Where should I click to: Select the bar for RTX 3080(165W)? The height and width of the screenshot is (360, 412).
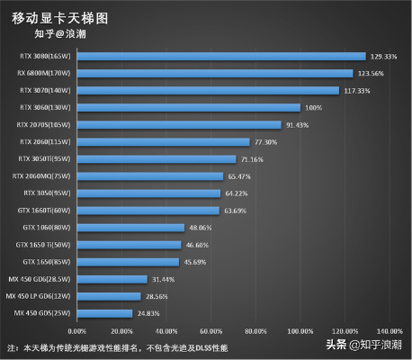click(x=223, y=57)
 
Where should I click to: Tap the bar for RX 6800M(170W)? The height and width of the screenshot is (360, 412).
click(x=217, y=74)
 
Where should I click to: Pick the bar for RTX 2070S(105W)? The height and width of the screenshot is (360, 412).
click(x=181, y=125)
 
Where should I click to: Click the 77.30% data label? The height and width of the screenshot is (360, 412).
click(x=265, y=142)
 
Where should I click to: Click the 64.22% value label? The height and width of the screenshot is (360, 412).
click(x=237, y=193)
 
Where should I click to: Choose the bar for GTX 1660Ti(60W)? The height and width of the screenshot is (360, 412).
click(x=150, y=211)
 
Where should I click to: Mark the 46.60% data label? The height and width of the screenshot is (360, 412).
click(x=198, y=245)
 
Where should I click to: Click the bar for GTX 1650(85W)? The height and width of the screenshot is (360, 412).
click(x=130, y=262)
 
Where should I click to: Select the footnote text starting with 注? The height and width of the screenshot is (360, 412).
click(x=117, y=347)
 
